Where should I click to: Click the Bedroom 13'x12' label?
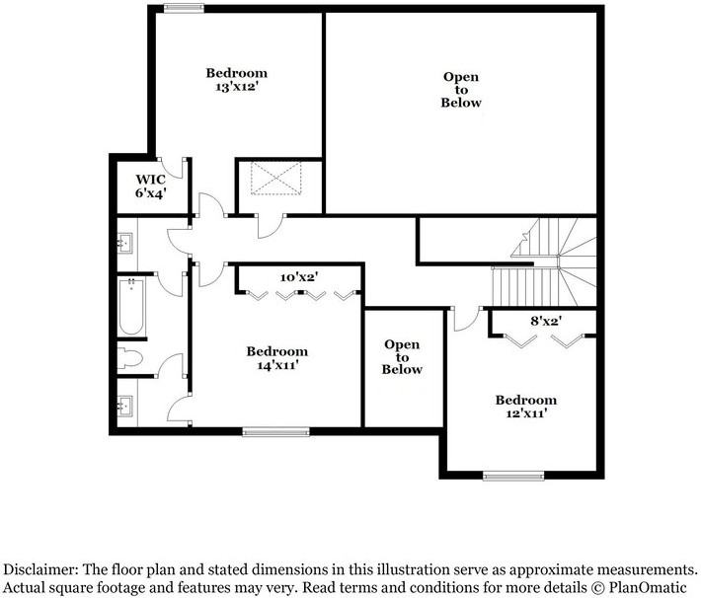[236, 80]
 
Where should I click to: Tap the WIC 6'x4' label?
[150, 187]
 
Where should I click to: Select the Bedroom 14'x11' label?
[276, 358]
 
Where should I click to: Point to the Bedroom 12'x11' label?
[525, 407]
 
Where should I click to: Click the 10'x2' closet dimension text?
[298, 277]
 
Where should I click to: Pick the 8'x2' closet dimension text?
[544, 321]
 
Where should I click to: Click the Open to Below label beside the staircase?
[402, 357]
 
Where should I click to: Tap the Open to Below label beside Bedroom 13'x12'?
[461, 89]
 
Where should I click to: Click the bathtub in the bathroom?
[131, 308]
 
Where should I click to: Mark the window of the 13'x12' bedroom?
[184, 9]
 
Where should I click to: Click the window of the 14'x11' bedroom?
[276, 431]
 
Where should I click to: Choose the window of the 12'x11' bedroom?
[512, 477]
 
